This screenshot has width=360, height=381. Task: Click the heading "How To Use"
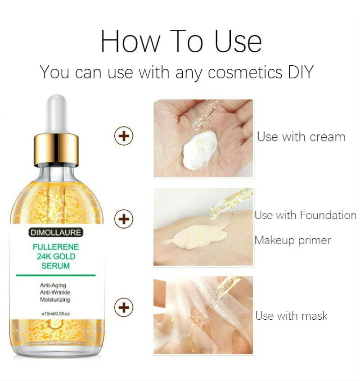(180, 41)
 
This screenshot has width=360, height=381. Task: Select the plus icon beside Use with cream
(124, 136)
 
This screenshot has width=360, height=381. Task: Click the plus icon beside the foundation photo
(124, 219)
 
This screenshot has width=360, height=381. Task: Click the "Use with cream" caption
(301, 137)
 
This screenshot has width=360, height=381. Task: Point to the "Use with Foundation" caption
(305, 215)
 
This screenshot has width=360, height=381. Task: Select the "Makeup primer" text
(292, 240)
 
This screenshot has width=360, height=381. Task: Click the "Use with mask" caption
(291, 316)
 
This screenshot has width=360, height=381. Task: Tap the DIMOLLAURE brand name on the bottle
(56, 233)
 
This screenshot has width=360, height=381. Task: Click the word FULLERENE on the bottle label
(56, 247)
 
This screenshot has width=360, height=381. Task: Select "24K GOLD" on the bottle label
(56, 257)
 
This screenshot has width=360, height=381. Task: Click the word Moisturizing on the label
(54, 299)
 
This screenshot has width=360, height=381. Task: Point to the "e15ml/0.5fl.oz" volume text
(55, 313)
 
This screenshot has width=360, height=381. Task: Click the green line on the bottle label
(56, 275)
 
